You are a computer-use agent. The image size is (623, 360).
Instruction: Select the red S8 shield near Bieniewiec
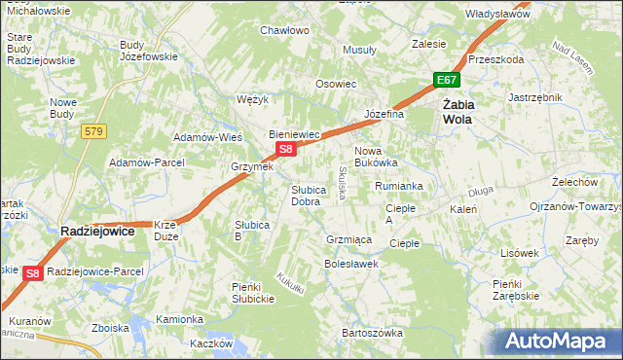pos(285,149)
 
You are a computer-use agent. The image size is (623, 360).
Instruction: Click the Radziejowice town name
pos(97,232)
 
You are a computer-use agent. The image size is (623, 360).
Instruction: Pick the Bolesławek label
pos(350,264)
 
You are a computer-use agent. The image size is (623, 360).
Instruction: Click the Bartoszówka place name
pos(372,333)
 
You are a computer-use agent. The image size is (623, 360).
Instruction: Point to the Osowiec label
pos(335,84)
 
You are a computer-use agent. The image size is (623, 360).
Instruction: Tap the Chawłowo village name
pos(284,30)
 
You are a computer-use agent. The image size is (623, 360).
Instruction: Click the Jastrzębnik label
pos(535,97)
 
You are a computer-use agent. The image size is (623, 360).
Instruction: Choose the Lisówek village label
pos(519,253)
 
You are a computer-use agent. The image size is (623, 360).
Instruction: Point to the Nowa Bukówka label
pos(376,158)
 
